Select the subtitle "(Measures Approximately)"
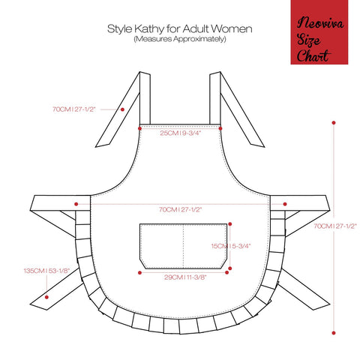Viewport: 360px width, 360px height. (180, 39)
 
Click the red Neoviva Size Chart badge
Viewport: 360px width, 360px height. (319, 32)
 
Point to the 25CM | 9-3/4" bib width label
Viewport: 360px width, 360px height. (181, 133)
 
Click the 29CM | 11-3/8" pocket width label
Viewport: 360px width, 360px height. (185, 277)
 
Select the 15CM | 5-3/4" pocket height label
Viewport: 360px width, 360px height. (231, 246)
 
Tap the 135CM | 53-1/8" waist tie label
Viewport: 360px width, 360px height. (46, 271)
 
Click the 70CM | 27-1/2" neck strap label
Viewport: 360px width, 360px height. (74, 109)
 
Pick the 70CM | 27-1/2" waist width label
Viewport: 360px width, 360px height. (180, 209)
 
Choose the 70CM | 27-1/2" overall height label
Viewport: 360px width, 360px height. (335, 226)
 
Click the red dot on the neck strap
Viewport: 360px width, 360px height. (122, 109)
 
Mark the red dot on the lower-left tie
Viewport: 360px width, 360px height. (46, 297)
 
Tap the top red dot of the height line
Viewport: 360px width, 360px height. (334, 123)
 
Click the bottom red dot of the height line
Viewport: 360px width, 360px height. (334, 333)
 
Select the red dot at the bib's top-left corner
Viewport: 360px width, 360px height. (139, 128)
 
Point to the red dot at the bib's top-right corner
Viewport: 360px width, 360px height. (220, 128)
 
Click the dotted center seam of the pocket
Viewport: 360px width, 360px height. (184, 246)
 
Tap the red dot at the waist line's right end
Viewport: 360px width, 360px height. (285, 204)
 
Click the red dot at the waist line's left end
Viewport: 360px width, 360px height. (76, 204)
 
